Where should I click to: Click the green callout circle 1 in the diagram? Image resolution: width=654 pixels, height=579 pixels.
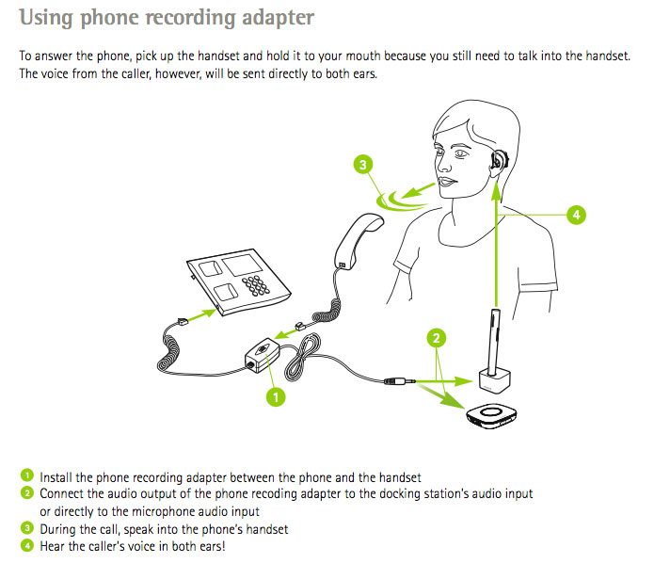[x=276, y=397]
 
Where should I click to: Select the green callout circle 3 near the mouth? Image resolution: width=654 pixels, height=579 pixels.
[x=361, y=165]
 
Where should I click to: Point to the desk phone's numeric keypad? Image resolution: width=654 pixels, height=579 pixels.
[x=256, y=285]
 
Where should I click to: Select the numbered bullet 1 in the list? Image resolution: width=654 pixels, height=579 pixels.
[x=27, y=477]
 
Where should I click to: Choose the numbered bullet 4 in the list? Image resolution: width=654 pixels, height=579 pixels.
[x=27, y=546]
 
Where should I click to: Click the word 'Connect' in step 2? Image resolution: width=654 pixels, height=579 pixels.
[x=61, y=494]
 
